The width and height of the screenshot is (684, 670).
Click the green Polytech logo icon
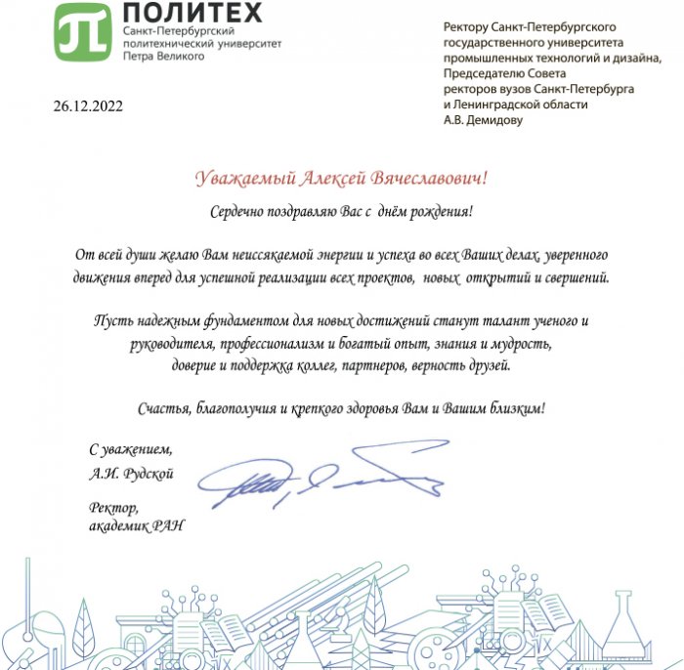[83, 31]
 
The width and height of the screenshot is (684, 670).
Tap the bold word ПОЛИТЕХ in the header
[192, 14]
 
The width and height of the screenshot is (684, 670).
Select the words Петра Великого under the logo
[163, 57]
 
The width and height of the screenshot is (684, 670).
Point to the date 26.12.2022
[89, 106]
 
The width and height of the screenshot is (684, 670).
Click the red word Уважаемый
[241, 178]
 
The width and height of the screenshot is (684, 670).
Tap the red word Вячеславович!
[430, 178]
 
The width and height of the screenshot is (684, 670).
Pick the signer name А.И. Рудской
[131, 474]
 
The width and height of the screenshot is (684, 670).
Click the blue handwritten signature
[322, 476]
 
